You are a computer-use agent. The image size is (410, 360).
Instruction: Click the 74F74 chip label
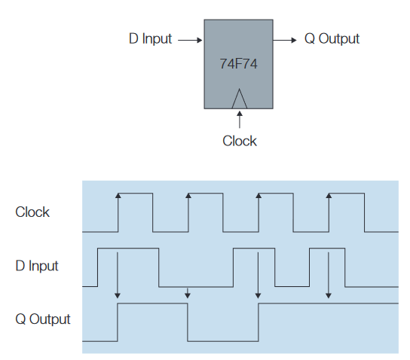coord(238,65)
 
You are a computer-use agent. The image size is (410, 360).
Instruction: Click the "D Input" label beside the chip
coord(151,38)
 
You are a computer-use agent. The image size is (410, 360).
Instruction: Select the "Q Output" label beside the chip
coord(332,38)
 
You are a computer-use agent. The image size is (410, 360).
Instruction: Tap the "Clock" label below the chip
coord(239,141)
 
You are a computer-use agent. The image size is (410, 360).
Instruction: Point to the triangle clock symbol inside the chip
coord(239,99)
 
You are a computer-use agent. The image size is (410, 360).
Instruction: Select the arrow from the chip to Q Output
coord(285,39)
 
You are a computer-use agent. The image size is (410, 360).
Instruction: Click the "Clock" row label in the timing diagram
coord(32,212)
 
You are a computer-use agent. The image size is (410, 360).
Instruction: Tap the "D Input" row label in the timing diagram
coord(37,266)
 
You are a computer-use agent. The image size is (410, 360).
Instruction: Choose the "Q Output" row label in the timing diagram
coord(43,319)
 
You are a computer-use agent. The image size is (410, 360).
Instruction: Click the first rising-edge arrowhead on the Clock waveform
coord(118,196)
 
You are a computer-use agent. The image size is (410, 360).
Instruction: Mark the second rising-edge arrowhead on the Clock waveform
coord(188,196)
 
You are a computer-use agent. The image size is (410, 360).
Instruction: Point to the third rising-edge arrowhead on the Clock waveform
coord(259,196)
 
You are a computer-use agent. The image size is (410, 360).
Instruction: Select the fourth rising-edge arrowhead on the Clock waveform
coord(329,196)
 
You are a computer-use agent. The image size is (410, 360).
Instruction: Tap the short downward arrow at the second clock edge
coord(188,293)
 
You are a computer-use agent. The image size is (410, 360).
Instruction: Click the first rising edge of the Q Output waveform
coord(118,322)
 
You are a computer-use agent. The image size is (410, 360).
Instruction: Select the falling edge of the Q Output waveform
coord(188,322)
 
